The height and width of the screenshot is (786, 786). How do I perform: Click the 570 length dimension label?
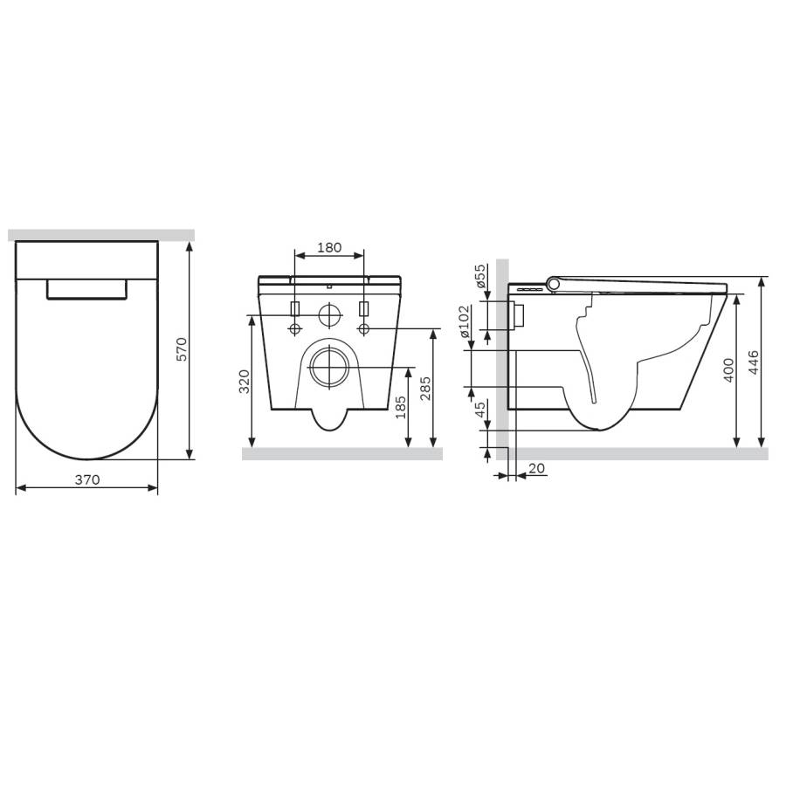183,349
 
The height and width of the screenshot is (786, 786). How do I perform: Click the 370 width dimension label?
87,479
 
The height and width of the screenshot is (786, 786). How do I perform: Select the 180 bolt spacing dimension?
328,247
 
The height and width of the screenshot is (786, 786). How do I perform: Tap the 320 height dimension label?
245,382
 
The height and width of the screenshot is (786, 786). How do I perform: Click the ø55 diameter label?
479,277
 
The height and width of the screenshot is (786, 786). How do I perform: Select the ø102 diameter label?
464,320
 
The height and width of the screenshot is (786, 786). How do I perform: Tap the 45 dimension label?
479,410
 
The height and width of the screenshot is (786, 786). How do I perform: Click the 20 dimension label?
537,469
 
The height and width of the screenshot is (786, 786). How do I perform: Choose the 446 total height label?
754,362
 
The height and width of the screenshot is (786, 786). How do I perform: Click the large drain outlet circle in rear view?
328,367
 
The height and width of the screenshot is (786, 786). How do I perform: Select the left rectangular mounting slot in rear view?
295,309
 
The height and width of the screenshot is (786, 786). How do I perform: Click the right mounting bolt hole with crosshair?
364,328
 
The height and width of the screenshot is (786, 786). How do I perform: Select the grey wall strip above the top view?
100,234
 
